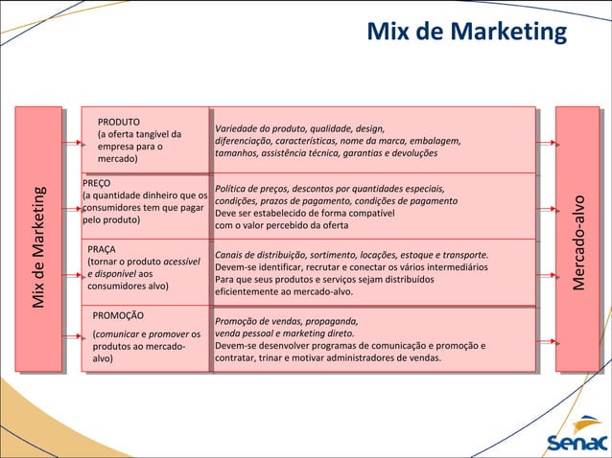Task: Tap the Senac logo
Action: click(576, 443)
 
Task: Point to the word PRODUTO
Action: click(119, 123)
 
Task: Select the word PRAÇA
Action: click(102, 249)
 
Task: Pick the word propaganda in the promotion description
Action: click(326, 321)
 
